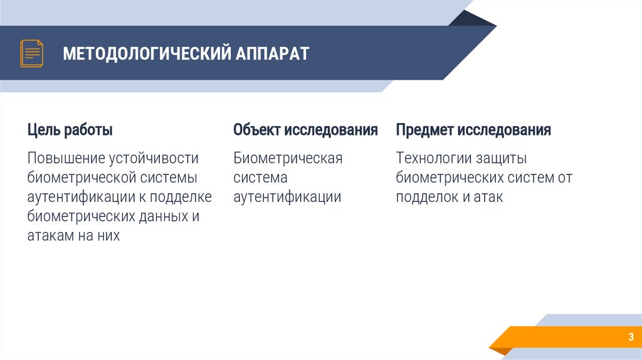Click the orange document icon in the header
[31, 53]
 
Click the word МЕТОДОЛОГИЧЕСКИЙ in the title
[146, 53]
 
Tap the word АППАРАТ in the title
[273, 53]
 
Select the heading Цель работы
[70, 130]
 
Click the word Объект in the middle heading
[257, 130]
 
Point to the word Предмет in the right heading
[424, 130]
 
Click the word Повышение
[66, 158]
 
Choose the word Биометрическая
[288, 158]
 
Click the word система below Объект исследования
[260, 177]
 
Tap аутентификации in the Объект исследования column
[287, 197]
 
